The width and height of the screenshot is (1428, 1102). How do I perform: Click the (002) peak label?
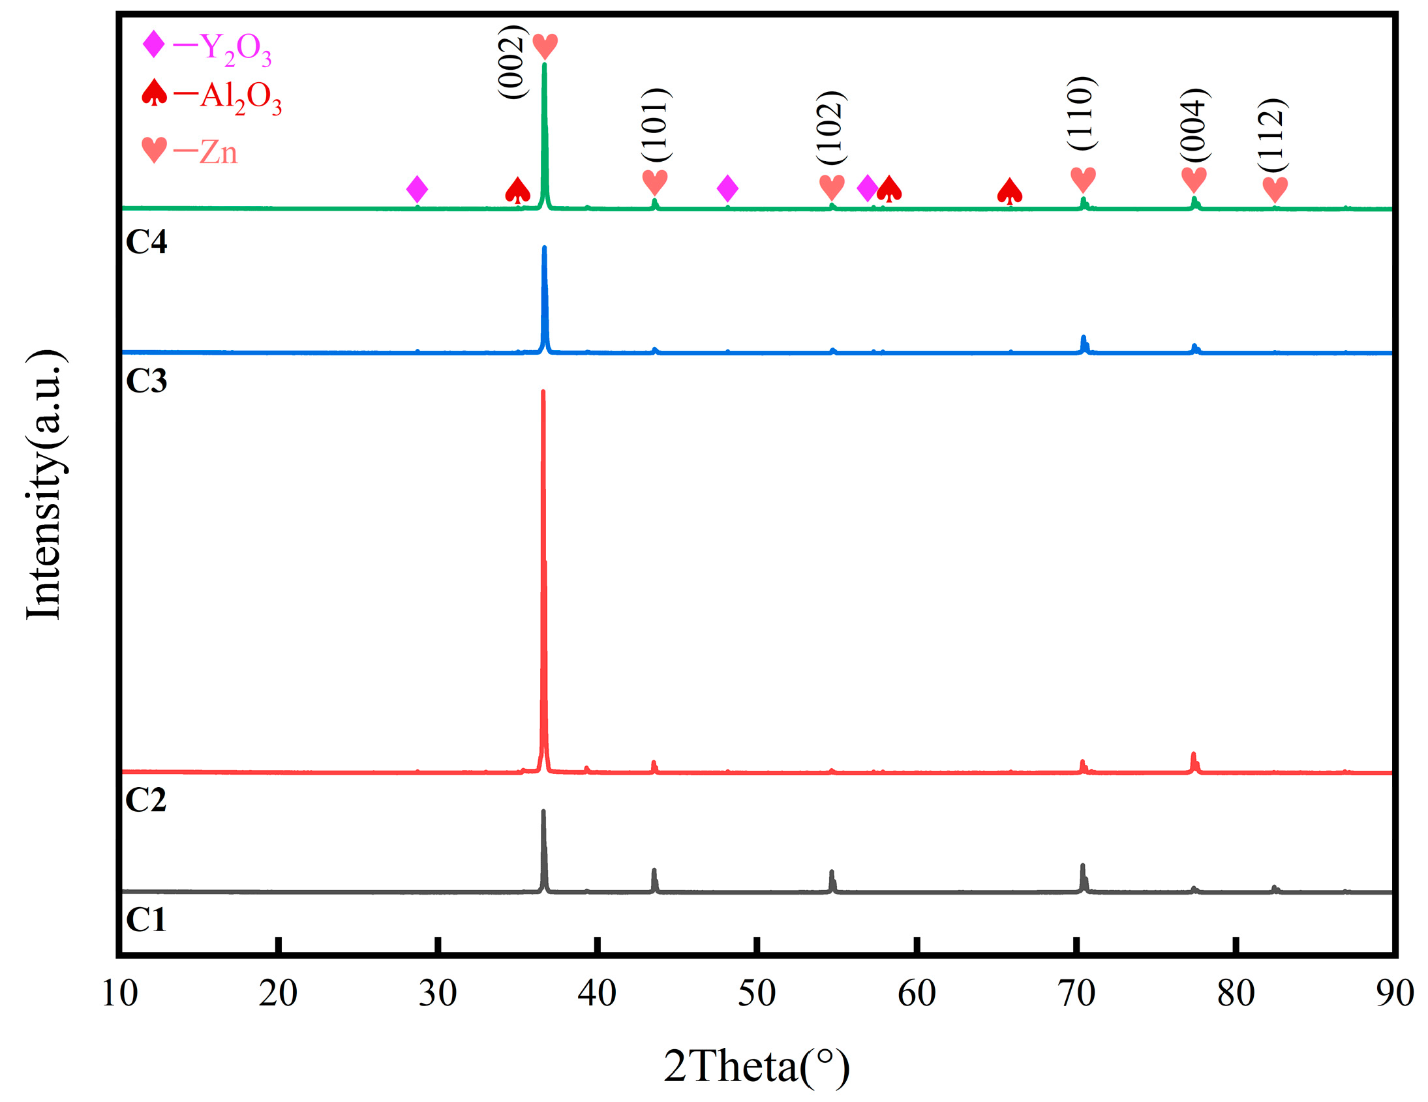click(512, 62)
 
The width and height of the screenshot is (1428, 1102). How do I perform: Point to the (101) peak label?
click(656, 125)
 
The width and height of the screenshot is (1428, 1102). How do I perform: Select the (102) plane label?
click(831, 127)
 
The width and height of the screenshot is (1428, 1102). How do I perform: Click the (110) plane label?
click(1082, 113)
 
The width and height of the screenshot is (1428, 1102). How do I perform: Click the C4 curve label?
click(146, 242)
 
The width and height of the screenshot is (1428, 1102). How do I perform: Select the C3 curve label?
click(146, 381)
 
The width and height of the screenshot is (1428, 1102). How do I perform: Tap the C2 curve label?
click(146, 800)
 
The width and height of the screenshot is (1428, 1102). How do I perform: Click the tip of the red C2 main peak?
click(543, 393)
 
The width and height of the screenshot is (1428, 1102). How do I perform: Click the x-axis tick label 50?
click(757, 994)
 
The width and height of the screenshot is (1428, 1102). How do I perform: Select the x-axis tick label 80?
click(1235, 994)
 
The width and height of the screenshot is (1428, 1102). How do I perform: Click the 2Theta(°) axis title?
click(757, 1066)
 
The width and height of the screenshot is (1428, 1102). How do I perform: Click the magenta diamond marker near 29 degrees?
click(417, 189)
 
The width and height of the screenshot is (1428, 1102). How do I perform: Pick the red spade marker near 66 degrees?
click(1010, 191)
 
